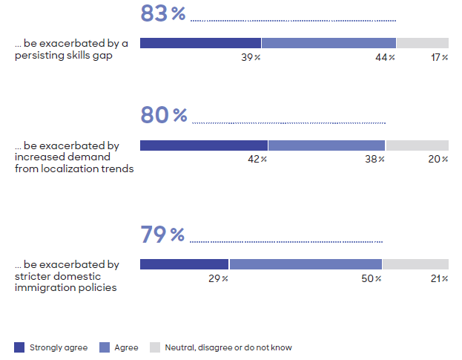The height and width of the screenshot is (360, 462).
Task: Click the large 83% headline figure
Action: pyautogui.click(x=163, y=13)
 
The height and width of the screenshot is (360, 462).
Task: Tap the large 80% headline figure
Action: pyautogui.click(x=163, y=115)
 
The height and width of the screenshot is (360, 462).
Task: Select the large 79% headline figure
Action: pyautogui.click(x=162, y=235)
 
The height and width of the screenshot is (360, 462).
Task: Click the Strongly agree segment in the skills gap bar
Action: pyautogui.click(x=200, y=43)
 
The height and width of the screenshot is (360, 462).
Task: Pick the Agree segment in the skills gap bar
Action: pyautogui.click(x=329, y=43)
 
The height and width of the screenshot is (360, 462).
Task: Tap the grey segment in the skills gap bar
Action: pyautogui.click(x=422, y=43)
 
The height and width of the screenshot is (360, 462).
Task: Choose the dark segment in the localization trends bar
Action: pyautogui.click(x=204, y=145)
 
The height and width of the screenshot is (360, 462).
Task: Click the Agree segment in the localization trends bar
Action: pyautogui.click(x=326, y=145)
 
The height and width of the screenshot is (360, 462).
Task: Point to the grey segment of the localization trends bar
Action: pyautogui.click(x=417, y=145)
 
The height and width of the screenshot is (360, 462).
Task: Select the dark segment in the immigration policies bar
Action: pyautogui.click(x=184, y=264)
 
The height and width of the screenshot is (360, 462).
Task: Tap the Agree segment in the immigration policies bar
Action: pyautogui.click(x=306, y=264)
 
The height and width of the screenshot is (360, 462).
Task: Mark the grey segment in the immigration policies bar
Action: pyautogui.click(x=415, y=264)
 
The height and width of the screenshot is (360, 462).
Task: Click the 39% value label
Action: pyautogui.click(x=251, y=57)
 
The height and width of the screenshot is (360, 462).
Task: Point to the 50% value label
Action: pyautogui.click(x=372, y=278)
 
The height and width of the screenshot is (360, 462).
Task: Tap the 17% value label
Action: pyautogui.click(x=439, y=57)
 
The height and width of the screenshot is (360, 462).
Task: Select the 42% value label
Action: pyautogui.click(x=257, y=159)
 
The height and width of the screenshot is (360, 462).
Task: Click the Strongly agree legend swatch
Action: pyautogui.click(x=19, y=347)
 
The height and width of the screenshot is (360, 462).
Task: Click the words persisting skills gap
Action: pyautogui.click(x=63, y=55)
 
